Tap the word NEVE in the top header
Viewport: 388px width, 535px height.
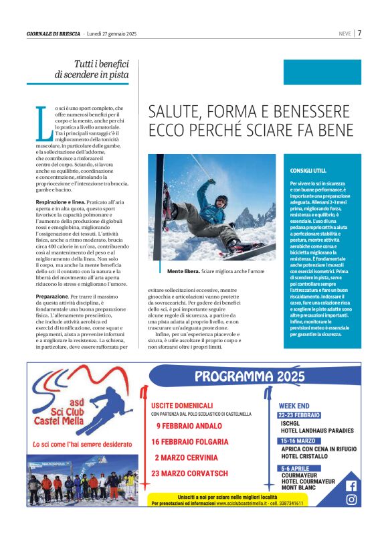point(344,33)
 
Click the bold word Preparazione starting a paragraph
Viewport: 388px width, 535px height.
point(53,295)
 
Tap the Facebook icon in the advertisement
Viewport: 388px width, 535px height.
point(351,485)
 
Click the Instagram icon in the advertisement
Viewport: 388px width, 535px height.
point(351,499)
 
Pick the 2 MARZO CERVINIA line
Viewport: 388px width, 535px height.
point(186,457)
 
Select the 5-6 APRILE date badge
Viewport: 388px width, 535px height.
point(296,468)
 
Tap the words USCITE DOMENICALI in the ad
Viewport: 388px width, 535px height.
point(182,405)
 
